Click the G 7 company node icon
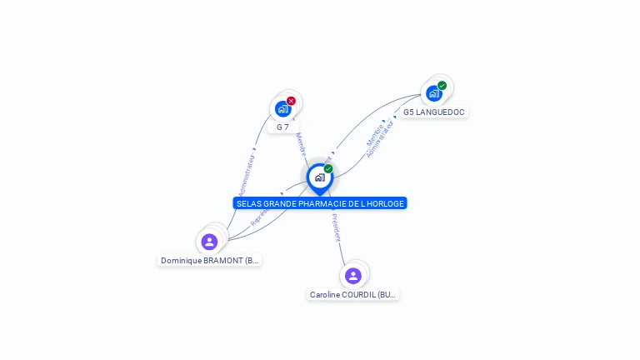(x=282, y=108)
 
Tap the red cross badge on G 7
(x=291, y=101)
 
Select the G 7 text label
(x=283, y=127)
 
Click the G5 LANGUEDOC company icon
(x=433, y=92)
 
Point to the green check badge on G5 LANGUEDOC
(x=442, y=85)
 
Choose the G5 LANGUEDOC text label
(x=433, y=112)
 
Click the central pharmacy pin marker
(x=319, y=177)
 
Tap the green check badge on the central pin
(x=328, y=169)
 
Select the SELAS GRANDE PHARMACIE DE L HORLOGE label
(x=320, y=203)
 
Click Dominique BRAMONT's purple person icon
(x=209, y=242)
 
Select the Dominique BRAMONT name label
(x=210, y=261)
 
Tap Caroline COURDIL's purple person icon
(x=352, y=275)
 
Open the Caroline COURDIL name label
(x=353, y=295)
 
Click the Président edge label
(x=336, y=227)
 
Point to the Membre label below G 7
(x=301, y=143)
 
